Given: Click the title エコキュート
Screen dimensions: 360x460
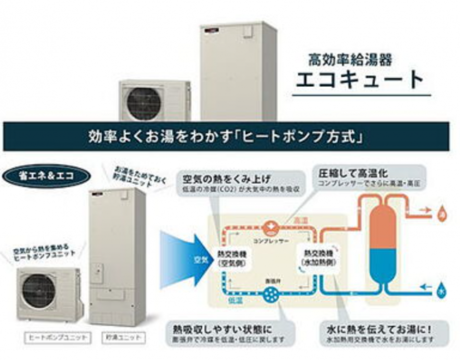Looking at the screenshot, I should pos(360,79).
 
